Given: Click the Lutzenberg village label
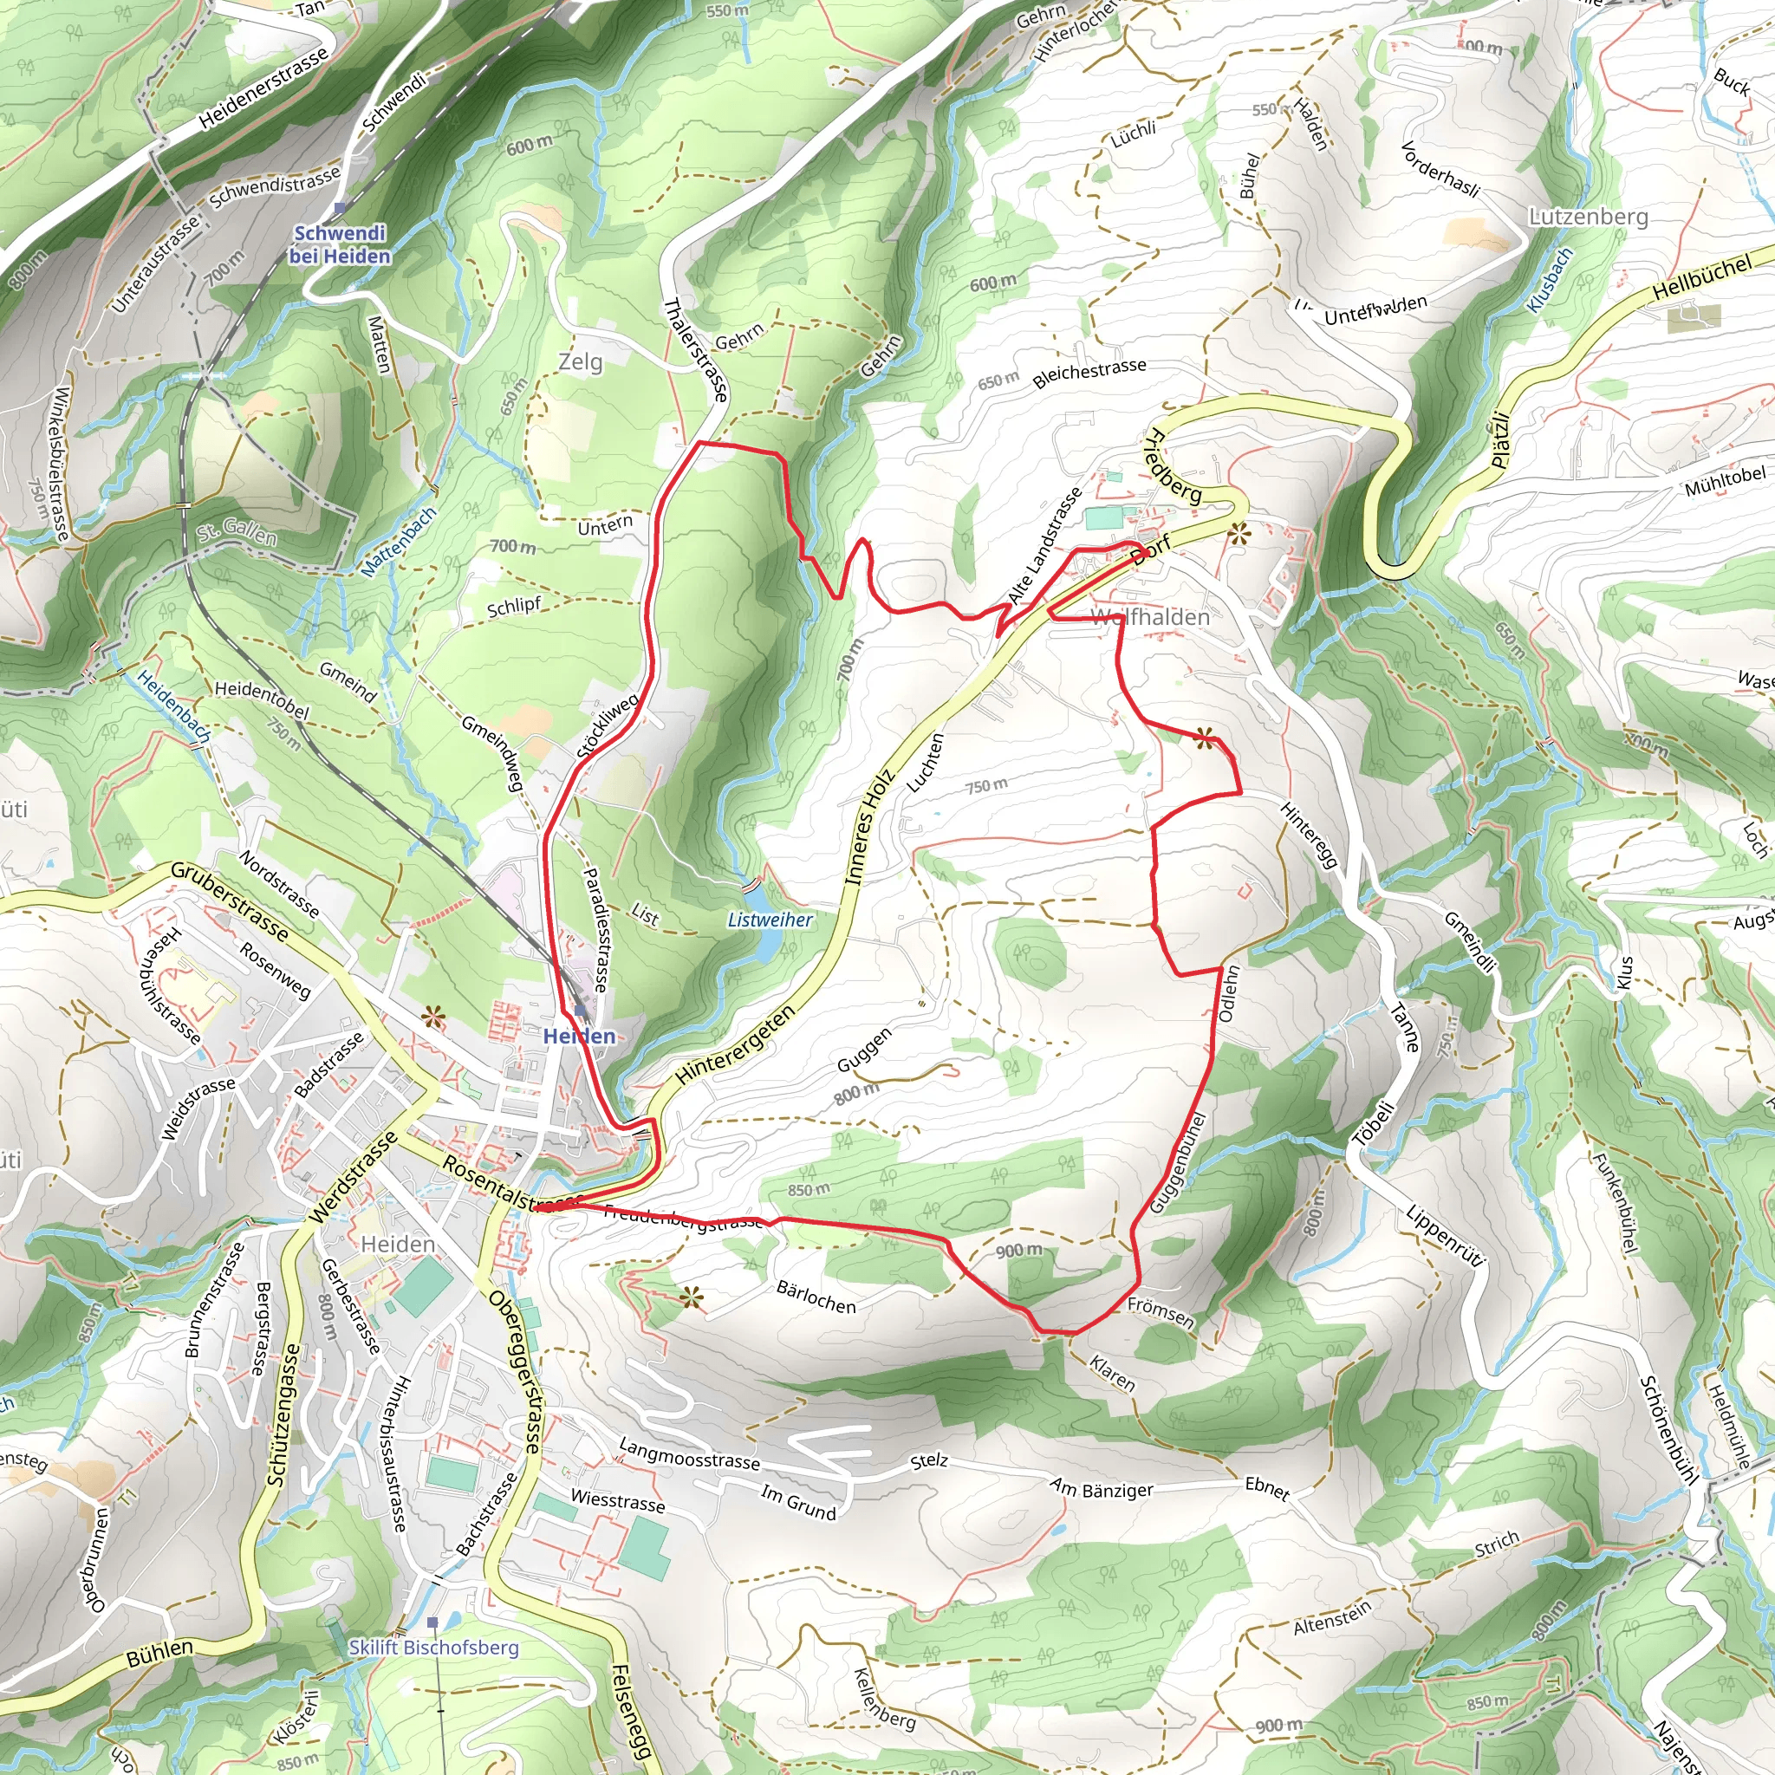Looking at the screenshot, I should tap(1589, 217).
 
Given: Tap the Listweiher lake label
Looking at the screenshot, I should tap(770, 920).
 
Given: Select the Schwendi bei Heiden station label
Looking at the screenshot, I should tap(339, 244).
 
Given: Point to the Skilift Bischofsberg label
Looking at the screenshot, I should tap(433, 1648).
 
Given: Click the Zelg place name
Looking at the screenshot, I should tap(581, 362).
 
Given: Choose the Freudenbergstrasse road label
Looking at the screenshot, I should tap(683, 1219).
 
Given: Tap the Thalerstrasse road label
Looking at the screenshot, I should tap(695, 350).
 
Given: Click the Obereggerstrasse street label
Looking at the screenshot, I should tap(517, 1373).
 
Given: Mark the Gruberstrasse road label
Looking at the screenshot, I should tap(230, 902).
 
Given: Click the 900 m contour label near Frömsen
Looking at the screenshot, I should tap(1018, 1251).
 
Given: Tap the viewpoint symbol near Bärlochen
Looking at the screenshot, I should tap(691, 1297).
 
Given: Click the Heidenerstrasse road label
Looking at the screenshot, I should tap(263, 88).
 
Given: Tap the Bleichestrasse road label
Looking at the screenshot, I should tap(1089, 373).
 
